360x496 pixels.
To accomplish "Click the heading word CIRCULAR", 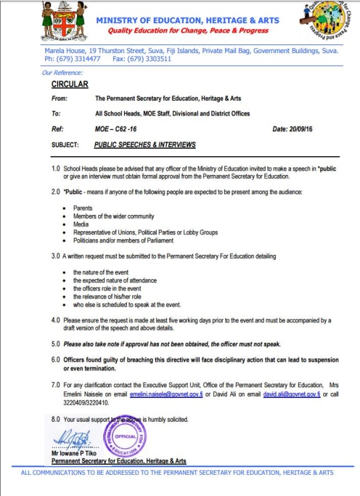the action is point(69,84).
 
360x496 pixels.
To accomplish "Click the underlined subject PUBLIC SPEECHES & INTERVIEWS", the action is point(144,145).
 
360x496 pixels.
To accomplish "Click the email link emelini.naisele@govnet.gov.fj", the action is point(162,395).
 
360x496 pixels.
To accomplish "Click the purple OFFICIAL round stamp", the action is point(125,436).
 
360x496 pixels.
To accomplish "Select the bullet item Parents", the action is point(82,208).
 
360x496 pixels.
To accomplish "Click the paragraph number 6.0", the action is point(56,360).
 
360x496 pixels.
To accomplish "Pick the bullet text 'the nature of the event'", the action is point(101,272).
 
